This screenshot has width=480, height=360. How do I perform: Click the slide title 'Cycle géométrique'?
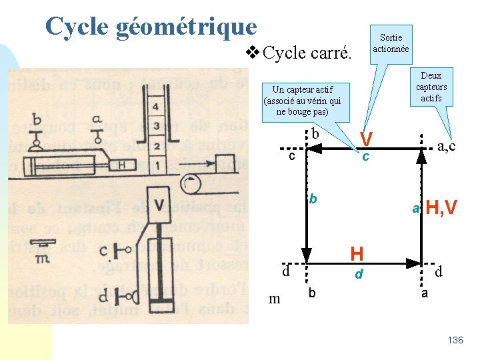click(x=151, y=27)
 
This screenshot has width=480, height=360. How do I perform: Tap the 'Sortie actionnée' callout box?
click(x=391, y=43)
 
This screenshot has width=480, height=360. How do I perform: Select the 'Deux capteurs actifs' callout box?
click(x=431, y=87)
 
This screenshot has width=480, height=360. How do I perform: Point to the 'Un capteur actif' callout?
click(x=303, y=100)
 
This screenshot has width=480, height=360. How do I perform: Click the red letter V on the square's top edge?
click(x=365, y=139)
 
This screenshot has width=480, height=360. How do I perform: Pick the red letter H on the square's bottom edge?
click(x=357, y=253)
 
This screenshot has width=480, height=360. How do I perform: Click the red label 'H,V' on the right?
click(x=441, y=209)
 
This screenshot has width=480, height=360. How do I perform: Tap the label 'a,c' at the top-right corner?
click(x=446, y=145)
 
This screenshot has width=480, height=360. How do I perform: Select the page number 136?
click(x=455, y=341)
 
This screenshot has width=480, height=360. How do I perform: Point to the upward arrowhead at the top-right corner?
click(x=421, y=156)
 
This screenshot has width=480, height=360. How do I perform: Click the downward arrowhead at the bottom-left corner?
click(x=306, y=256)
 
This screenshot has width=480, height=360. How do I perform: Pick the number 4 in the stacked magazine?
click(x=157, y=106)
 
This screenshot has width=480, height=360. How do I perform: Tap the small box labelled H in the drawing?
click(x=121, y=165)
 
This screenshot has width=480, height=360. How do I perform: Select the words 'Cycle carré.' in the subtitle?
click(x=307, y=53)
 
